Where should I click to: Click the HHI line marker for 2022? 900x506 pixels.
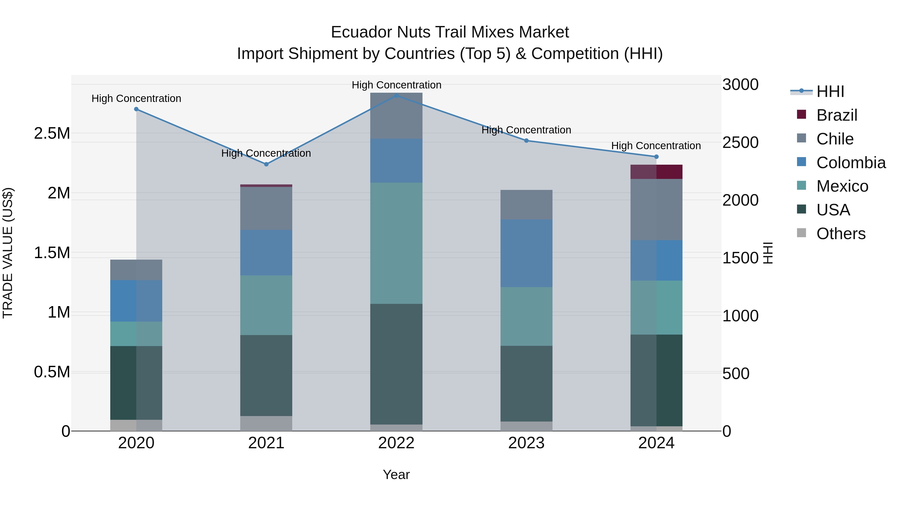396,95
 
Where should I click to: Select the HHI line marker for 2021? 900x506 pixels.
266,164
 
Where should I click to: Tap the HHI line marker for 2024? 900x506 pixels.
656,157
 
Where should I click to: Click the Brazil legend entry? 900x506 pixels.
836,115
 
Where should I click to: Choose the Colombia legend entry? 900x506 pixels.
851,163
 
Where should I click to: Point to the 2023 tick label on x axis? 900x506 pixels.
526,443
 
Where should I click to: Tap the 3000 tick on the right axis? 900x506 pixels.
740,85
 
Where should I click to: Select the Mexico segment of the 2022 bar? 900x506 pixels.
396,243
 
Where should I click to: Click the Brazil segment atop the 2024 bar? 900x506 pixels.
656,172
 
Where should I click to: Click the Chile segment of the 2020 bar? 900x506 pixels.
136,270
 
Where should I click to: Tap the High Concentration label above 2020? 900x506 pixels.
136,98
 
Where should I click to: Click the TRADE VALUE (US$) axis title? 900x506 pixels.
8,253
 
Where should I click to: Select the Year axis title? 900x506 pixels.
396,475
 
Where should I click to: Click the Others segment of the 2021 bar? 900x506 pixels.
266,423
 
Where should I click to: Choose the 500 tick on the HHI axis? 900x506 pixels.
735,374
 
